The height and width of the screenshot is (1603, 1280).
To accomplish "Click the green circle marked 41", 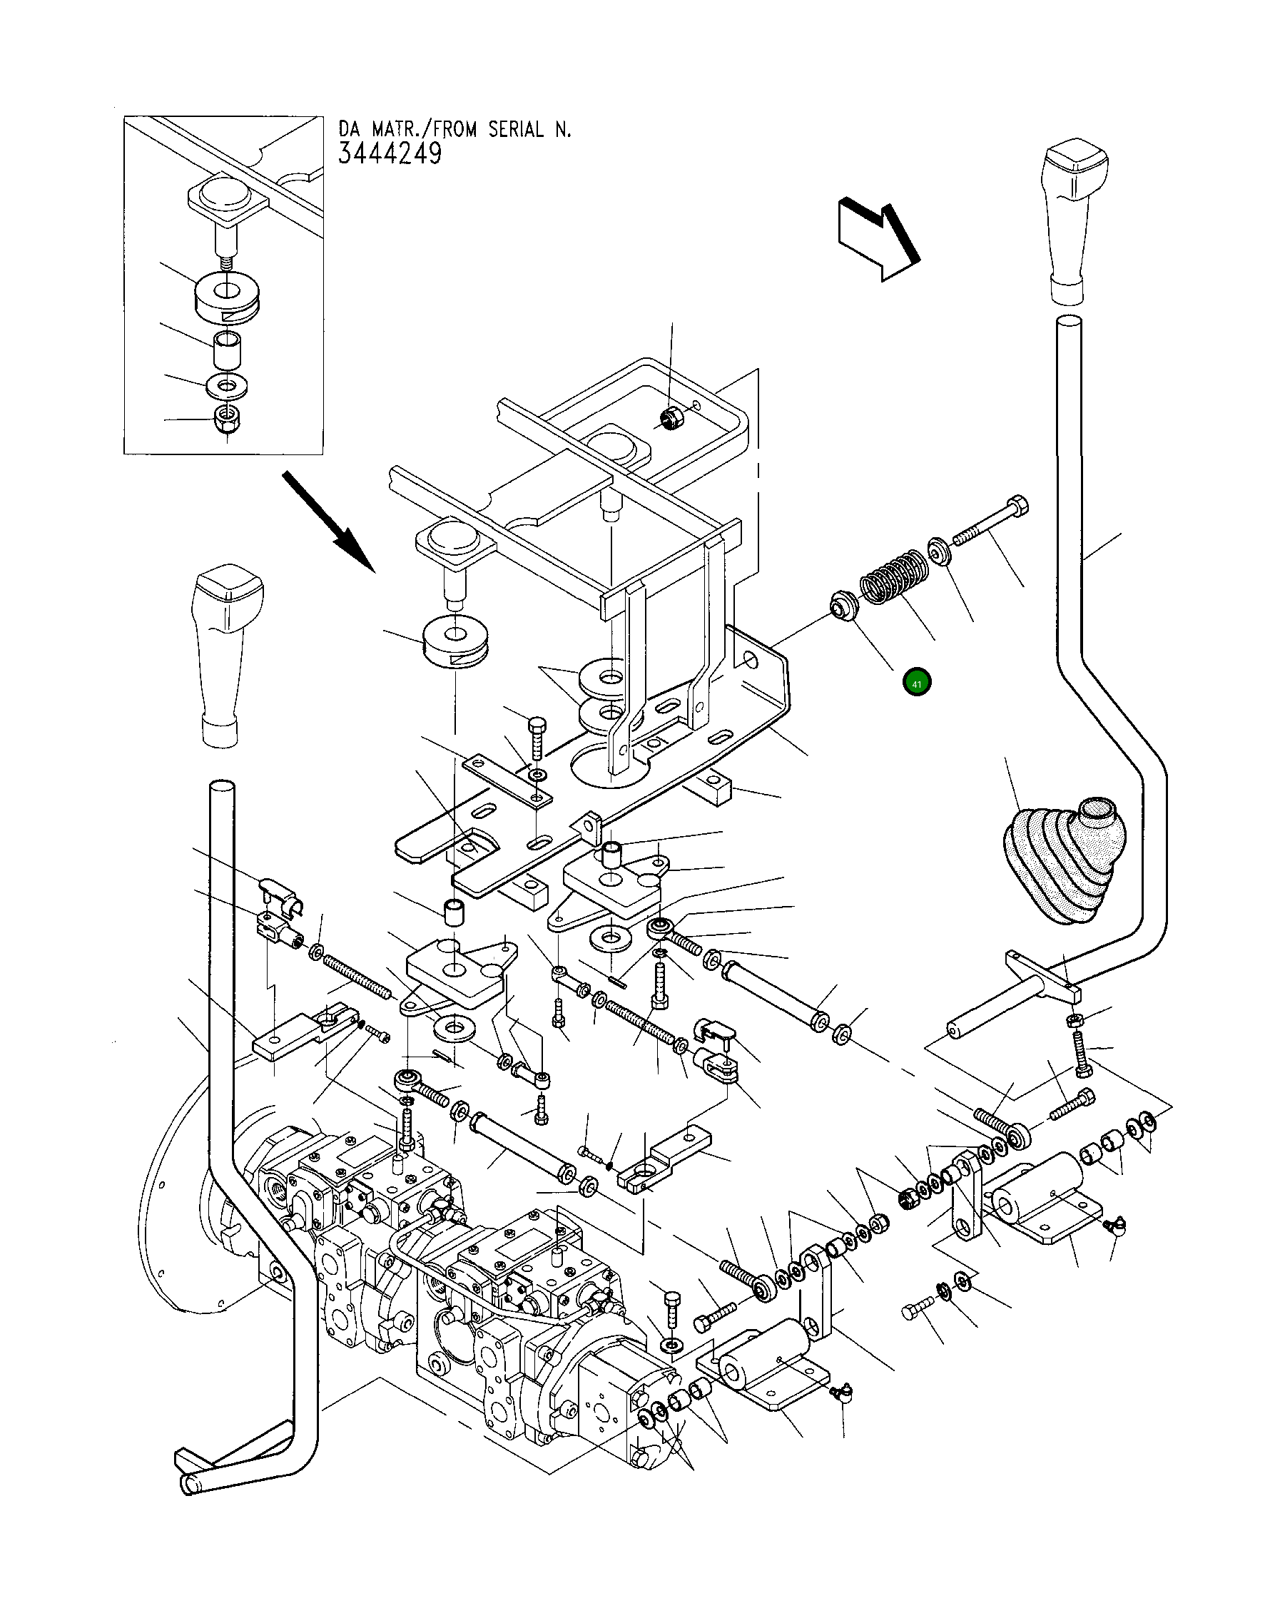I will click(x=916, y=683).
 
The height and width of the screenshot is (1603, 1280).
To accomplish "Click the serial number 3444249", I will click(x=390, y=154).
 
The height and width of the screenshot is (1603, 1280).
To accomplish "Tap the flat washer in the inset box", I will click(x=226, y=386).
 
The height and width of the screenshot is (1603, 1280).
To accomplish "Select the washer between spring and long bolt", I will click(x=939, y=552).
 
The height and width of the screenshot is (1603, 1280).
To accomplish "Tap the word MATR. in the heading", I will click(x=401, y=129).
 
